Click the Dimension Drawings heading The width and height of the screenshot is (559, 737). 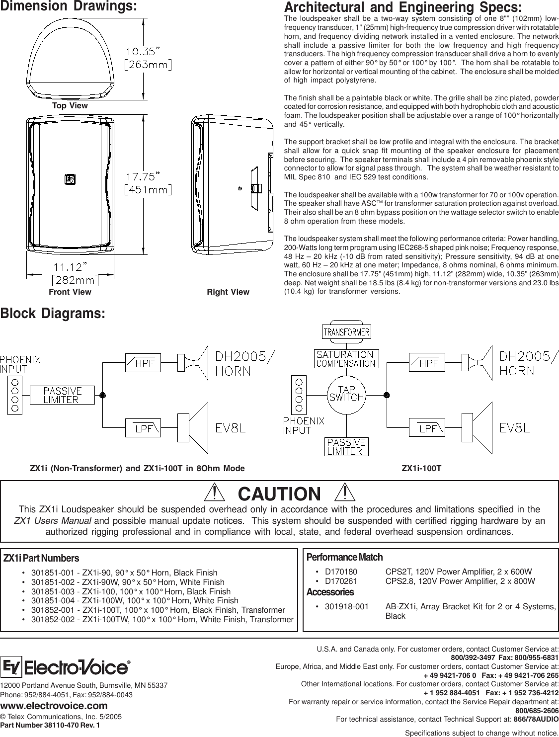69,7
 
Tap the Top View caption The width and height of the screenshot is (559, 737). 70,106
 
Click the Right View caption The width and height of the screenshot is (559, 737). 228,292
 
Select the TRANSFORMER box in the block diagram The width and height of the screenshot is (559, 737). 347,331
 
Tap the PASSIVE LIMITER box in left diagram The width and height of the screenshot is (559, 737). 62,395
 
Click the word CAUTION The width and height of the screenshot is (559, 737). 280,494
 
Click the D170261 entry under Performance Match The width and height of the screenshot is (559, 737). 341,581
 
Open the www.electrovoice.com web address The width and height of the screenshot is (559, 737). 54,706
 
